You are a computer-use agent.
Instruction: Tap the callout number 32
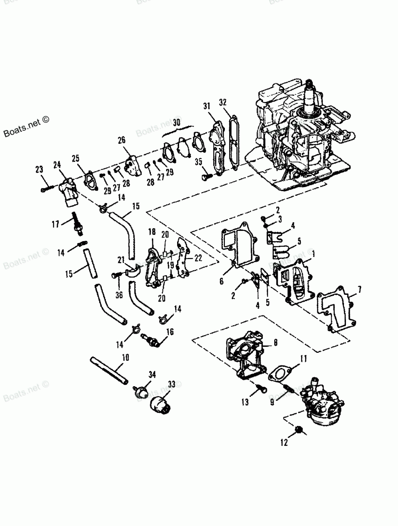click(223, 102)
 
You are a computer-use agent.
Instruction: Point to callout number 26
click(121, 139)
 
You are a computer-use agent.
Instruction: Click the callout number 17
click(55, 224)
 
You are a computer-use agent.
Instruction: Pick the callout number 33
click(172, 384)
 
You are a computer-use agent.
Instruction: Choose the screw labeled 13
click(261, 389)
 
